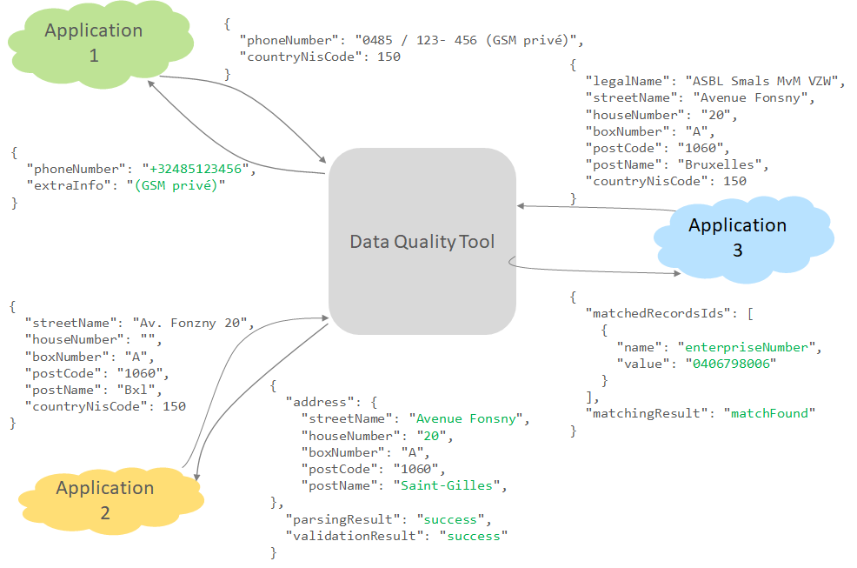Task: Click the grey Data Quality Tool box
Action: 422,242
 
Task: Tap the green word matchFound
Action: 769,413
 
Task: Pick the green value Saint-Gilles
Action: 448,485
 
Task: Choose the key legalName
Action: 628,81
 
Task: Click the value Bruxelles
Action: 722,164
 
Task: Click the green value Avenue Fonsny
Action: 468,419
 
